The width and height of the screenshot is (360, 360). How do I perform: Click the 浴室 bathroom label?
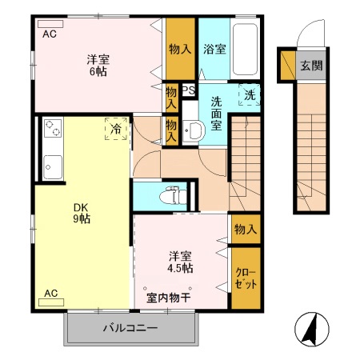pyautogui.click(x=214, y=49)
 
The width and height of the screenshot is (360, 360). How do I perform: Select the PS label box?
pyautogui.click(x=189, y=90)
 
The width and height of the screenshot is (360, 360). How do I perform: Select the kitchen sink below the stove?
pyautogui.click(x=52, y=168)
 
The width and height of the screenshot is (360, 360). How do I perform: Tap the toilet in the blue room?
pyautogui.click(x=169, y=194)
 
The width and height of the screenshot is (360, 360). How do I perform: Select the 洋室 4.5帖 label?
pyautogui.click(x=180, y=262)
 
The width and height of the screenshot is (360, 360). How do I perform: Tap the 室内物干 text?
pyautogui.click(x=167, y=298)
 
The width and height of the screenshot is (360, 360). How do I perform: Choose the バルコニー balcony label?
pyautogui.click(x=130, y=328)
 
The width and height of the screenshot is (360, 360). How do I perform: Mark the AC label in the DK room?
pyautogui.click(x=50, y=293)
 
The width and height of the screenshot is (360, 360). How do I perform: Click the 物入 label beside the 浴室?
pyautogui.click(x=180, y=49)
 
